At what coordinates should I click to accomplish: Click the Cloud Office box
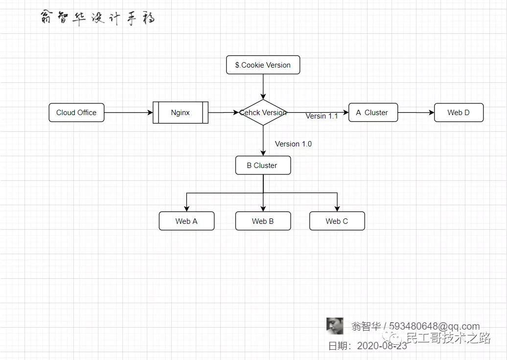click(x=76, y=113)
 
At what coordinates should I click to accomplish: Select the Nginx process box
click(x=181, y=113)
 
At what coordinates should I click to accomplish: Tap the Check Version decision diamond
click(x=263, y=113)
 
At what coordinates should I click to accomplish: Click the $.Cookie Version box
click(x=263, y=65)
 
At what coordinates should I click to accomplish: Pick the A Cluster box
click(x=373, y=113)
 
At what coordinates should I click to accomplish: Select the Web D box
click(x=459, y=113)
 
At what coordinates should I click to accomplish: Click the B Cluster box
click(x=263, y=166)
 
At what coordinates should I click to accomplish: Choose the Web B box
click(x=263, y=221)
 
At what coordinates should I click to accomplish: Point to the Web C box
click(x=337, y=221)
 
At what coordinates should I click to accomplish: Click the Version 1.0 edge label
click(x=293, y=144)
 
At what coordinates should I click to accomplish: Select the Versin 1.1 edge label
click(x=322, y=116)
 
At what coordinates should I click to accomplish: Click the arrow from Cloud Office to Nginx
click(x=128, y=113)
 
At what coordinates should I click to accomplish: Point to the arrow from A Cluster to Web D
click(x=416, y=113)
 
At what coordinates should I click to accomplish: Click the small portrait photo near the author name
click(x=335, y=325)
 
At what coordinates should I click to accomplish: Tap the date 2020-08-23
click(x=382, y=346)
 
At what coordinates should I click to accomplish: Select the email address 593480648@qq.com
click(x=435, y=326)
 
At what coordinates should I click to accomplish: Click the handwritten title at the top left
click(x=98, y=18)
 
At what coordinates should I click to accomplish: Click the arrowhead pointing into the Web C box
click(x=337, y=208)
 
